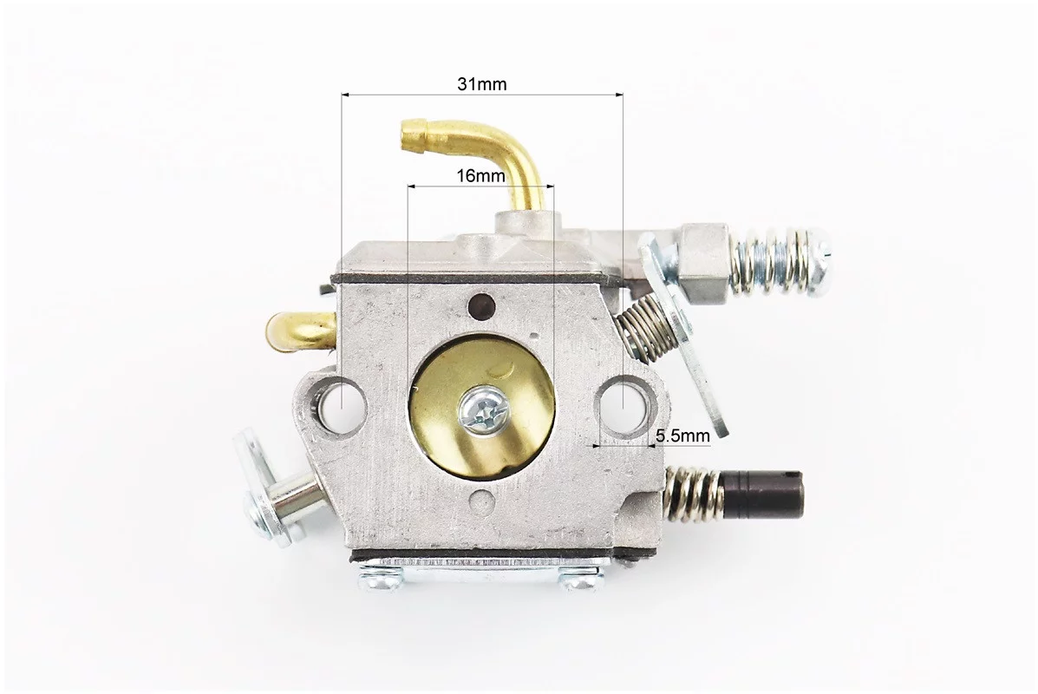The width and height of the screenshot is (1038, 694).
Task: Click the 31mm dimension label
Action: click(x=481, y=84)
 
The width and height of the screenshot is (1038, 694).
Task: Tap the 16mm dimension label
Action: click(x=480, y=175)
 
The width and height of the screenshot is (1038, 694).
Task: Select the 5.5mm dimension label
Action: click(x=682, y=435)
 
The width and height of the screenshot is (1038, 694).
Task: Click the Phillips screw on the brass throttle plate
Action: click(x=486, y=410)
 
